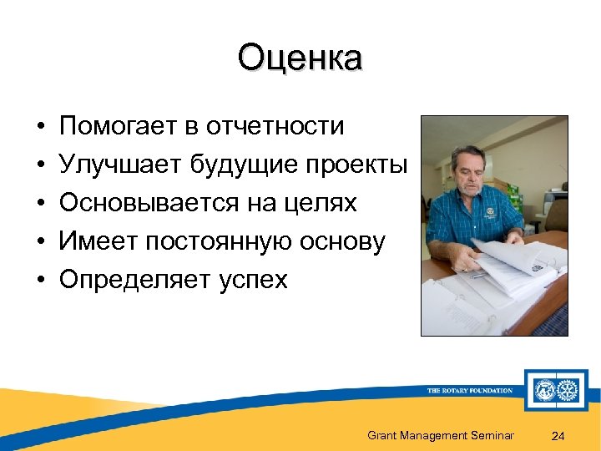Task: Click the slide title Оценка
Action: tap(300, 59)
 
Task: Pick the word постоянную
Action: tap(226, 241)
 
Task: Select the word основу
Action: tap(344, 241)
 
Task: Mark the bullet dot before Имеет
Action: tap(40, 242)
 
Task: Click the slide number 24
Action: tap(558, 435)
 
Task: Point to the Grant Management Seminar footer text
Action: tap(441, 435)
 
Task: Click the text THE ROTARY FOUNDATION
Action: tap(469, 390)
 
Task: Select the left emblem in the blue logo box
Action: tap(547, 390)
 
